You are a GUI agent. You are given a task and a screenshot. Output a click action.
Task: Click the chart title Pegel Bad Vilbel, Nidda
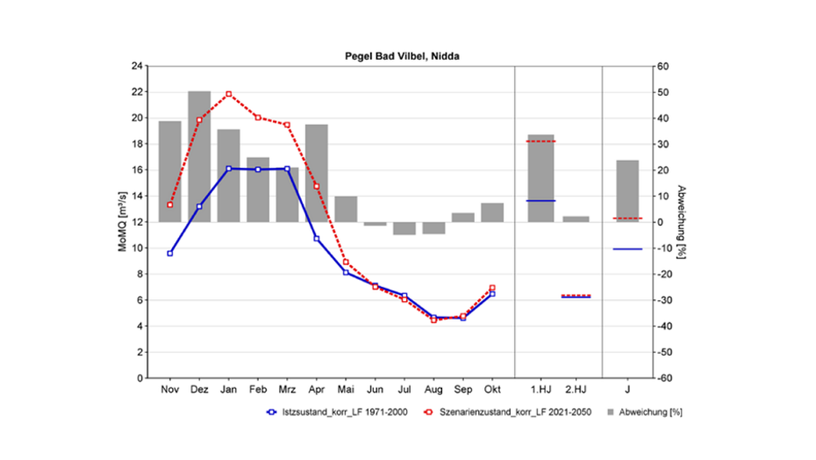402,55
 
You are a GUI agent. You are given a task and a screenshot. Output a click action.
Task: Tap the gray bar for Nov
170,171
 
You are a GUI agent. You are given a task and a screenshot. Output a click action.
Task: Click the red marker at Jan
229,94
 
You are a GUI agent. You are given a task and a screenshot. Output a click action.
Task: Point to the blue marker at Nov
170,253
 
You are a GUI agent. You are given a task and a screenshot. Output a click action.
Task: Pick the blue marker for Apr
317,239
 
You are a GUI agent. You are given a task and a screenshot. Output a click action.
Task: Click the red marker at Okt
492,288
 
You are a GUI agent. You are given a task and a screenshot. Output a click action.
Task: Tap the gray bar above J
627,190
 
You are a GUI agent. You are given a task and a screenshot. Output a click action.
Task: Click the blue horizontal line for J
627,249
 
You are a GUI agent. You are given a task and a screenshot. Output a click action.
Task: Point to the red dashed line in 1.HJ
540,141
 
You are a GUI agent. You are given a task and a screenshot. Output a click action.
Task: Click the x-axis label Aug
433,388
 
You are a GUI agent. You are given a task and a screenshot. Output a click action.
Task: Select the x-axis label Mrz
287,388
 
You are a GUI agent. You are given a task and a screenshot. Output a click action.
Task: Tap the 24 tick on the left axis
137,66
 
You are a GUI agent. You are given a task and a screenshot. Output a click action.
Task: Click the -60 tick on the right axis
664,378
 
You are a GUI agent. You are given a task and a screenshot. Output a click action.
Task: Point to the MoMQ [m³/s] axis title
122,222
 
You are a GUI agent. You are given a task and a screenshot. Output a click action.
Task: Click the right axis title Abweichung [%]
680,222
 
